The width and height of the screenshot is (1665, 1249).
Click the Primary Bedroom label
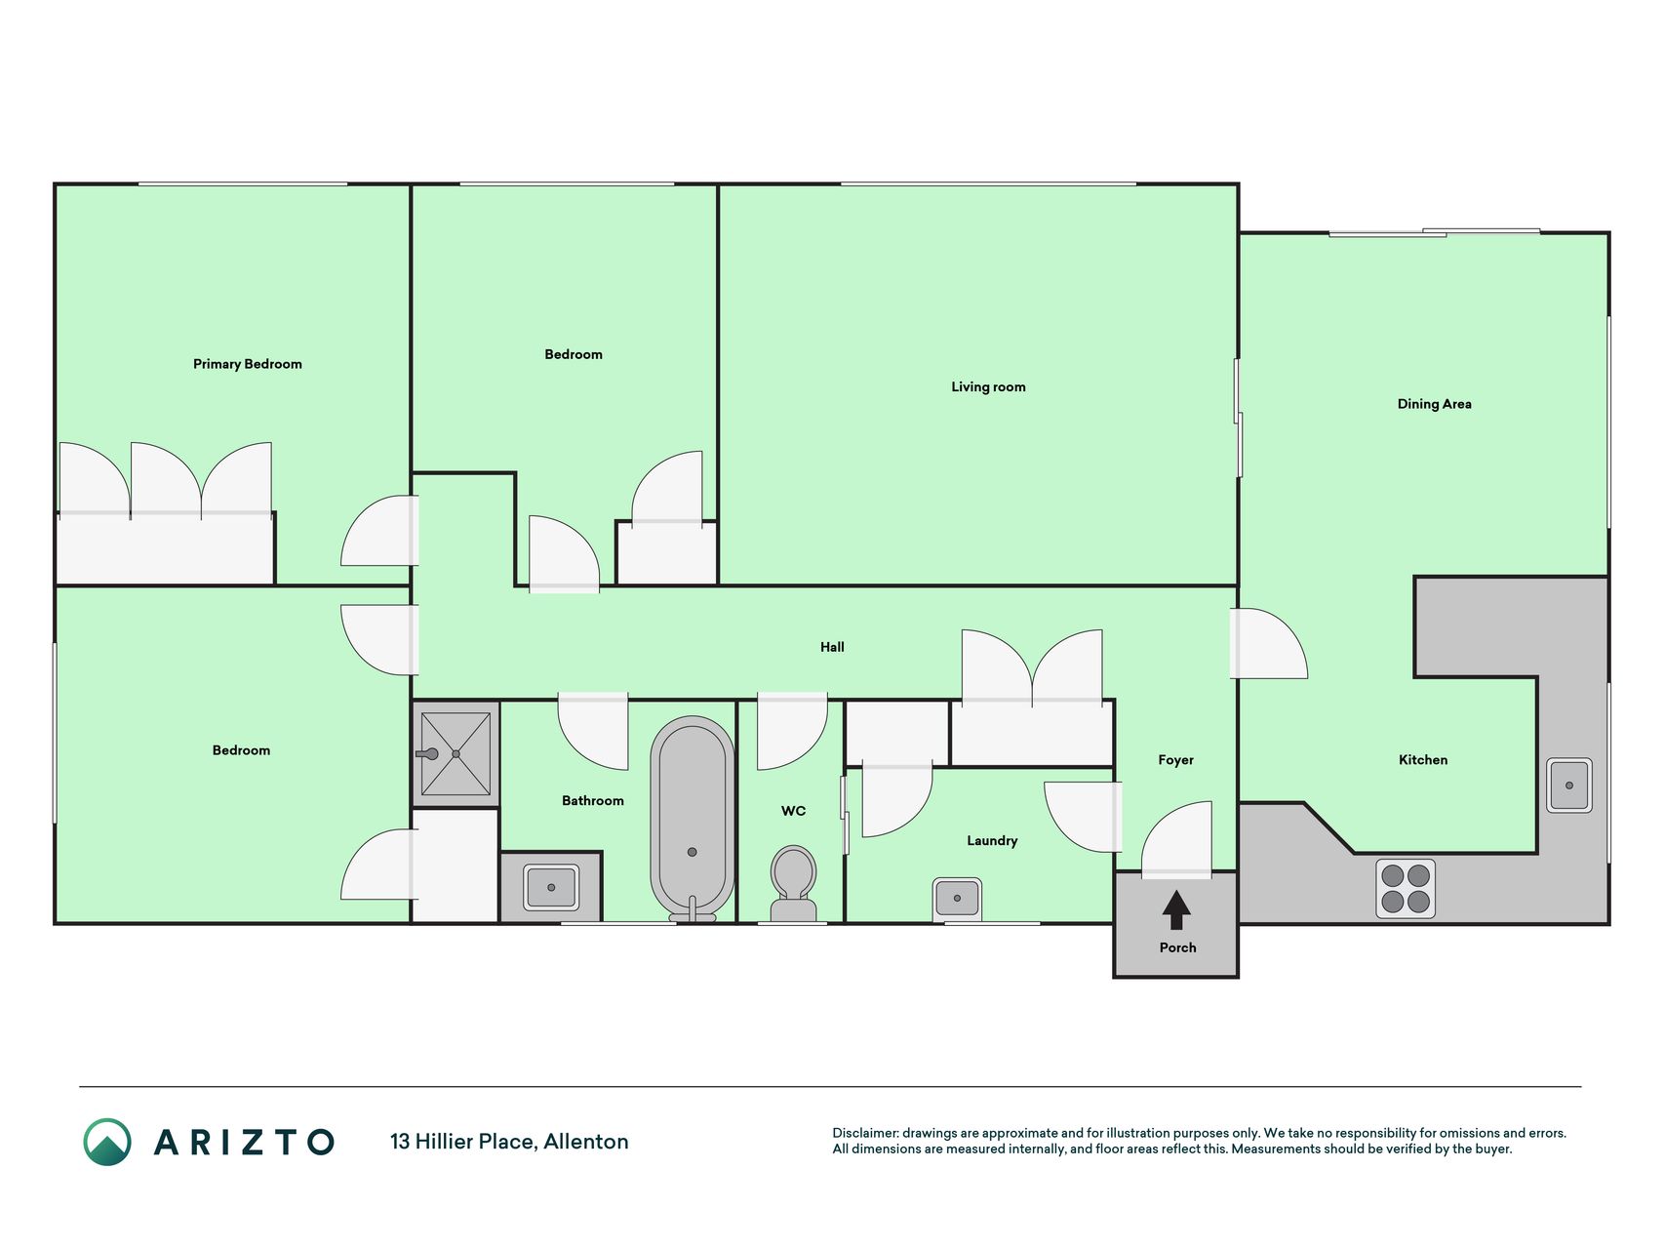[x=248, y=364]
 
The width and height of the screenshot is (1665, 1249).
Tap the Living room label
[x=988, y=387]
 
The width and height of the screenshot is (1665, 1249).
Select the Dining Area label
[x=1434, y=404]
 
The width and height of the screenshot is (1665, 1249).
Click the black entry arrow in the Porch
[x=1176, y=909]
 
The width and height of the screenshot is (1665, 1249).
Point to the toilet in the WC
[x=793, y=884]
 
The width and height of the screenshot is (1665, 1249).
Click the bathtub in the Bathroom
[x=692, y=819]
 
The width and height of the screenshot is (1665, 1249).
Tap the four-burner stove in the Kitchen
[x=1406, y=889]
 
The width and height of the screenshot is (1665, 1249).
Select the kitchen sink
[x=1569, y=786]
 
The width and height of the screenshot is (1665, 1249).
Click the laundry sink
[x=957, y=899]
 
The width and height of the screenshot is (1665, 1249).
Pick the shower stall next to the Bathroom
[x=456, y=753]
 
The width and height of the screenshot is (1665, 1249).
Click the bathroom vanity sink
[x=551, y=887]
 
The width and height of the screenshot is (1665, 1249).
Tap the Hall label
[x=832, y=647]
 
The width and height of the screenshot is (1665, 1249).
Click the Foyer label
[x=1176, y=760]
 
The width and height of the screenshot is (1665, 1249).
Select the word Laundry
[x=992, y=841]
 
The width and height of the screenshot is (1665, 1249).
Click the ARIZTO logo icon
[x=107, y=1142]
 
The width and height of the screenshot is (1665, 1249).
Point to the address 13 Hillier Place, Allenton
[x=509, y=1142]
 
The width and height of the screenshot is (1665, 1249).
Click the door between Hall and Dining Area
[x=1268, y=643]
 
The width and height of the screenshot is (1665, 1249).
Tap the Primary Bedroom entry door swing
[x=379, y=531]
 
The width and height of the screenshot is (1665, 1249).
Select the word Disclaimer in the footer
[x=865, y=1134]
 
